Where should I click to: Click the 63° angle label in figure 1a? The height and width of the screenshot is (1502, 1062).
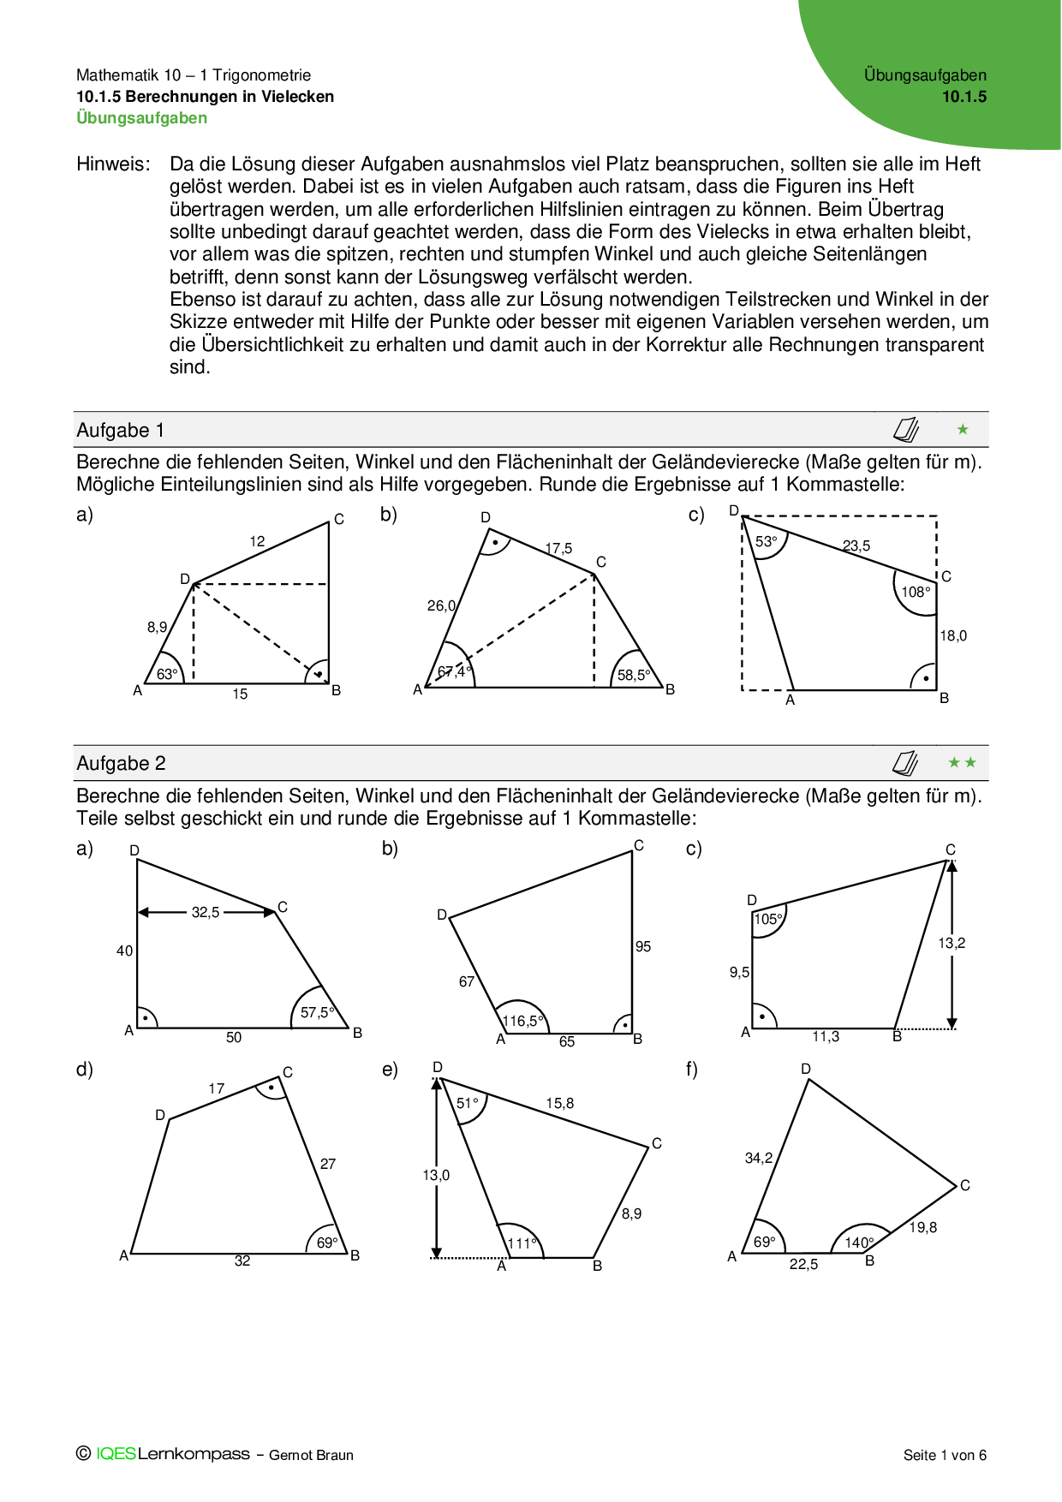tap(167, 674)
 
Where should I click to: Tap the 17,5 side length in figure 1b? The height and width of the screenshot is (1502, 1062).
tap(558, 548)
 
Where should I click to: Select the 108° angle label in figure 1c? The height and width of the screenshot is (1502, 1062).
tap(916, 592)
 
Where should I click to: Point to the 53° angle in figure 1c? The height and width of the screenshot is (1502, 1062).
tap(767, 541)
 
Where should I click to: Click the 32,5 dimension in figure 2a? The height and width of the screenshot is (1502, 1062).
tap(206, 913)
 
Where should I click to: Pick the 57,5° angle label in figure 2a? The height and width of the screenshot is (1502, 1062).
tap(317, 1012)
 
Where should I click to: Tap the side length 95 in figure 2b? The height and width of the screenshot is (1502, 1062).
tap(643, 946)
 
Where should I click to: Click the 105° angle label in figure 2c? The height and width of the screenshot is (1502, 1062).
tap(768, 919)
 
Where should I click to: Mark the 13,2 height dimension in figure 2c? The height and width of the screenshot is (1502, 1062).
tap(952, 943)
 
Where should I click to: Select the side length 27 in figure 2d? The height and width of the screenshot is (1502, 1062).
tap(328, 1164)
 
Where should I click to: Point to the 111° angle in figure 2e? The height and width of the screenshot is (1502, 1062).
tap(522, 1243)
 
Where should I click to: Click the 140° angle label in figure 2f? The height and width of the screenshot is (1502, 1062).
tap(859, 1243)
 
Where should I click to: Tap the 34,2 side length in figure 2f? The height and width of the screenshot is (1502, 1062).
tap(759, 1158)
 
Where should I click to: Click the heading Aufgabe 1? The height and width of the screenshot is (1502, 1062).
tap(120, 430)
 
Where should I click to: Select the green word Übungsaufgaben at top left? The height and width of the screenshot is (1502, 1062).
tap(142, 118)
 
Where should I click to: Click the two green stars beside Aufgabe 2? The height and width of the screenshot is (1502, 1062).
tap(963, 762)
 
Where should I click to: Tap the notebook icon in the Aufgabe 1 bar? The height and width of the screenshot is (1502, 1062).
tap(906, 429)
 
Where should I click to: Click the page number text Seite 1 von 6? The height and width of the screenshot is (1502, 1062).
tap(945, 1455)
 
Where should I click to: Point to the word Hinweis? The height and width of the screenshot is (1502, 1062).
tap(113, 164)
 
